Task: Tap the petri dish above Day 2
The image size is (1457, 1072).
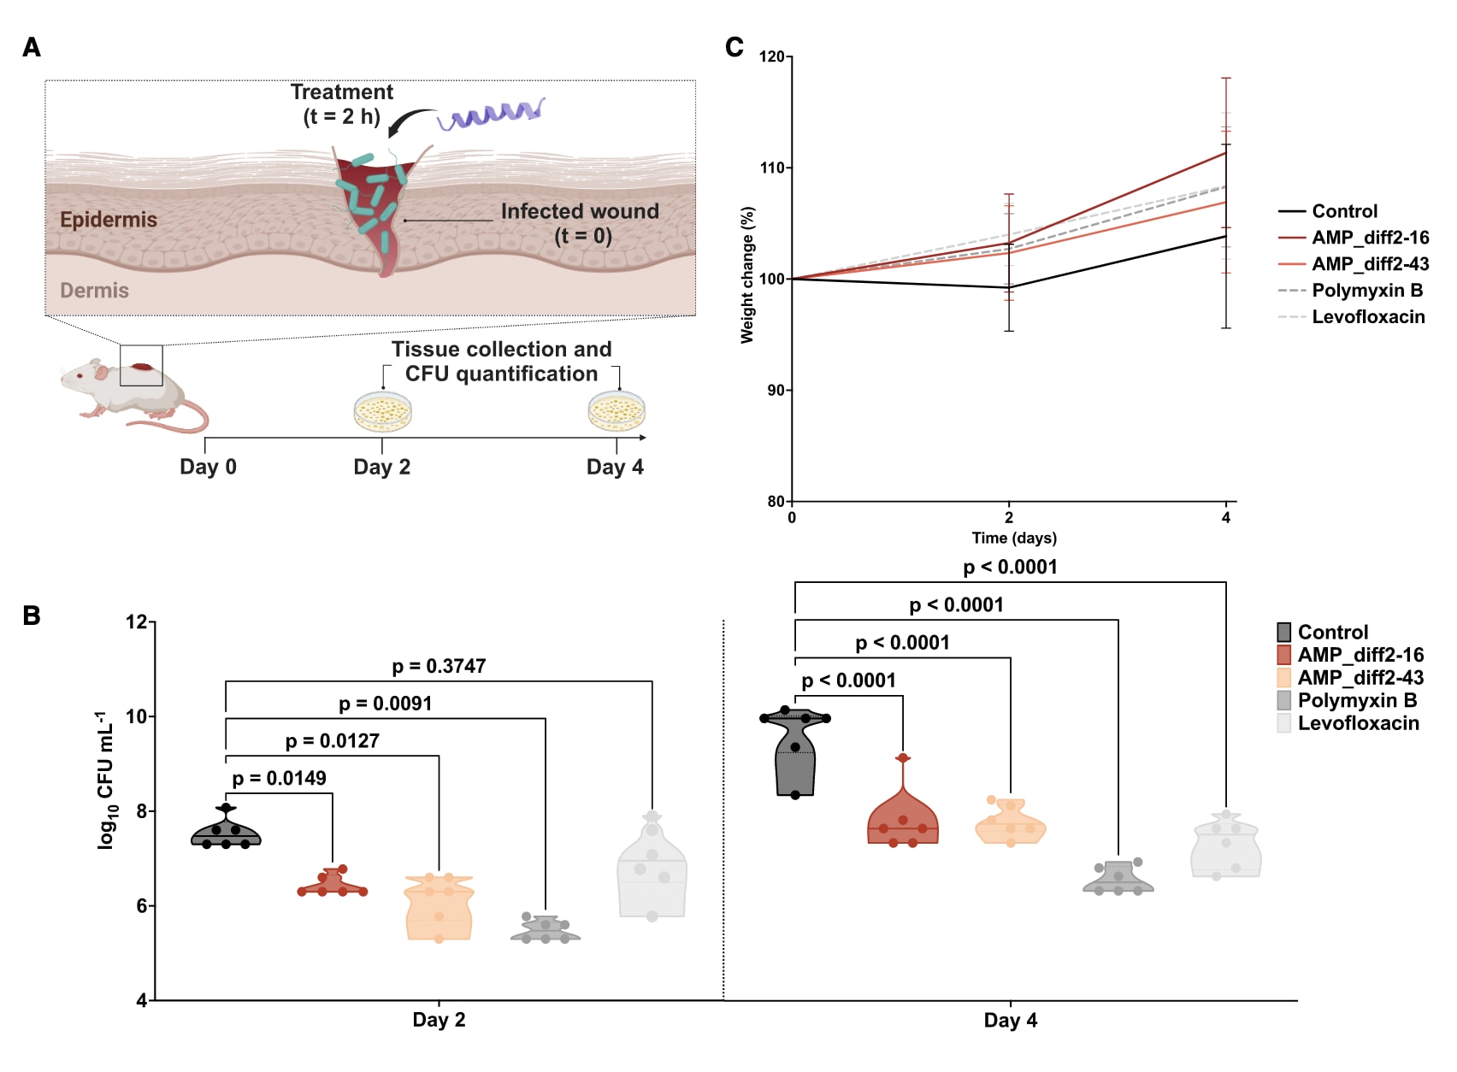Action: [x=382, y=412]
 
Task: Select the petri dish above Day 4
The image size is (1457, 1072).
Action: [x=616, y=411]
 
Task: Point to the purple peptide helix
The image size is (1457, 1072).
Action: [x=492, y=115]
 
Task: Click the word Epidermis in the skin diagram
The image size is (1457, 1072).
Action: [x=109, y=220]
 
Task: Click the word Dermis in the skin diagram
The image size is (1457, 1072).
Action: [x=94, y=291]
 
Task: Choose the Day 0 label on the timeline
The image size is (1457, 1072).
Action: [x=208, y=467]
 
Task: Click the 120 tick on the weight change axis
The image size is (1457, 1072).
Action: [x=772, y=56]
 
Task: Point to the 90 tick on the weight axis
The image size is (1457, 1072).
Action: [x=774, y=390]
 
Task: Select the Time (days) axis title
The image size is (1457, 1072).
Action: [x=1014, y=538]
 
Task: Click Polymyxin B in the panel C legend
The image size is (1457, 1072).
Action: [x=1367, y=291]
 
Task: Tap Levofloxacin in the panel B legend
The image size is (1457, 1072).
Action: [x=1358, y=723]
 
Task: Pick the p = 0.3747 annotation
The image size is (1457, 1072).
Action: [x=439, y=666]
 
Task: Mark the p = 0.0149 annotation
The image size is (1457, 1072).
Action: [x=279, y=778]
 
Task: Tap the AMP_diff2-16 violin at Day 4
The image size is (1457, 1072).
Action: [x=903, y=821]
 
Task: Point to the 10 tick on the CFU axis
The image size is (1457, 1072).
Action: [x=137, y=716]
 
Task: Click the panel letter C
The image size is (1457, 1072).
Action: [x=734, y=47]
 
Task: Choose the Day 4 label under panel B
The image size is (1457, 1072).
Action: [x=1010, y=1020]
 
